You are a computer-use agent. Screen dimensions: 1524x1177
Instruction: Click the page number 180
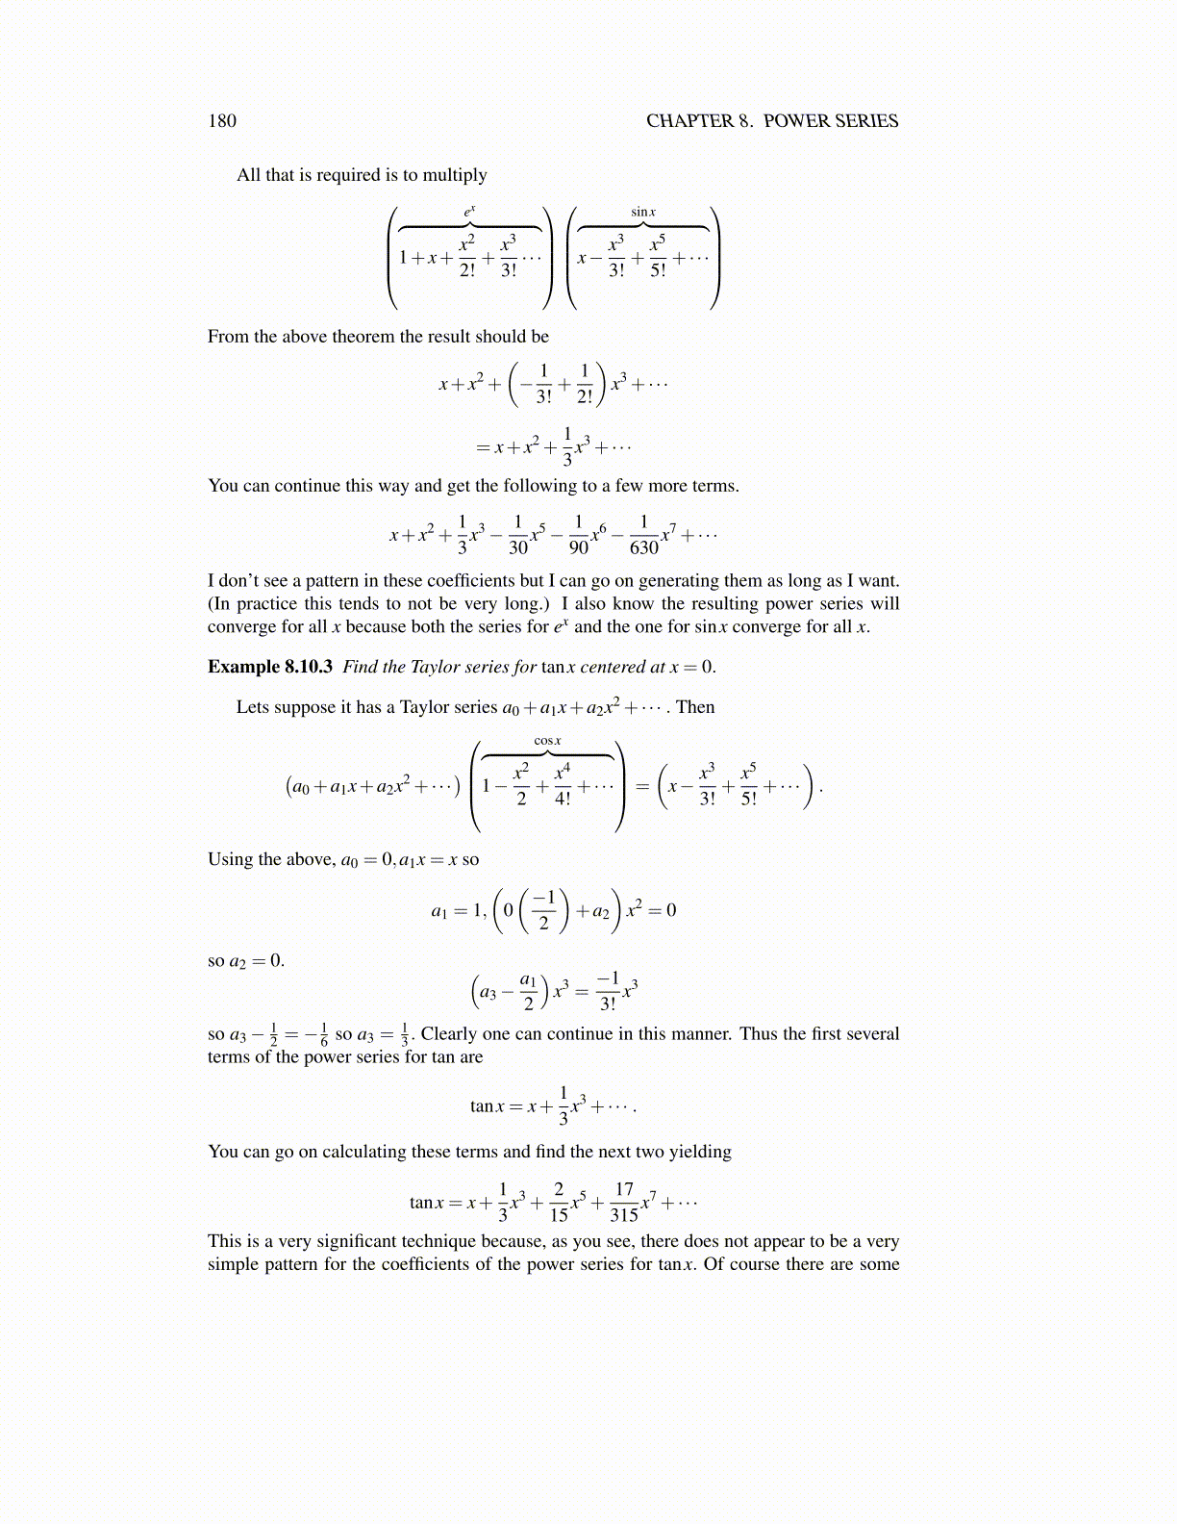(x=222, y=120)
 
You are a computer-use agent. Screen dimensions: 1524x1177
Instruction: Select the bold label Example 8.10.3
(x=270, y=667)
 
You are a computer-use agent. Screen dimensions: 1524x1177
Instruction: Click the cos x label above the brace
(x=547, y=740)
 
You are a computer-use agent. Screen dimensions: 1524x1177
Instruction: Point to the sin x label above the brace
(x=643, y=212)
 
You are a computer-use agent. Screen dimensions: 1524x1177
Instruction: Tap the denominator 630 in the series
(x=643, y=547)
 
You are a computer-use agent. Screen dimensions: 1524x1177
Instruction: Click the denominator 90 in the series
(x=579, y=547)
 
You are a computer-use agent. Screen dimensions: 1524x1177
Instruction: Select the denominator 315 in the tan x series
(x=624, y=1215)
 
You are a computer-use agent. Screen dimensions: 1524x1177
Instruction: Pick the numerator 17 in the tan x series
(x=624, y=1190)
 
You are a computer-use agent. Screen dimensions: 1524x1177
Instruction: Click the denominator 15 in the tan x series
(x=559, y=1215)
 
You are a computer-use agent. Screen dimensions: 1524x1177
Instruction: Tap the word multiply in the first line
(x=455, y=175)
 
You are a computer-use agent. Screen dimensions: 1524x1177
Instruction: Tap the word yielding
(x=700, y=1152)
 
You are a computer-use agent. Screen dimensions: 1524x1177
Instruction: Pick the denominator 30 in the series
(x=518, y=547)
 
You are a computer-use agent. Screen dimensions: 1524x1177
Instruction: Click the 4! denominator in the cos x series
(x=563, y=798)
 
